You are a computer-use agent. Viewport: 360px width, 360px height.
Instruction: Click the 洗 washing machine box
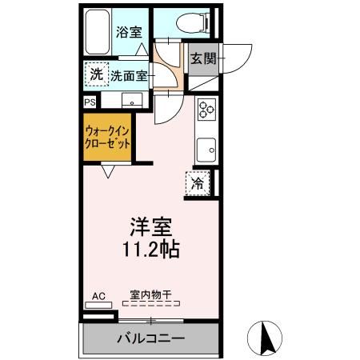point(96,74)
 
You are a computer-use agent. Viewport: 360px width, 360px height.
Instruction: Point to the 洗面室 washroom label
point(128,77)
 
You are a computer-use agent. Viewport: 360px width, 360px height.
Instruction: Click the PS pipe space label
point(89,102)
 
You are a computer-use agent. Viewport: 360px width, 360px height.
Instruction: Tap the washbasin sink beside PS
point(133,101)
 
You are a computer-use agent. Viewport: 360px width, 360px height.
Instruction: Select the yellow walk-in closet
point(107,138)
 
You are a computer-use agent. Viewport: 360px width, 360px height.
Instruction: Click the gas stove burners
point(206,110)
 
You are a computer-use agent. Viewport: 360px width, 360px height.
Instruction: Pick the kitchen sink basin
point(206,150)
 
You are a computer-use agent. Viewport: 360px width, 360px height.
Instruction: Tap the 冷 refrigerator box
point(198,182)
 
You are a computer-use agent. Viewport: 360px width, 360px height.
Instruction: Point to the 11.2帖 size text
point(150,249)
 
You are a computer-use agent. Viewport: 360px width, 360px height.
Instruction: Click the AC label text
point(98,295)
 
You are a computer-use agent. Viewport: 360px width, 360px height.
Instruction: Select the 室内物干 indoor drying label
point(150,294)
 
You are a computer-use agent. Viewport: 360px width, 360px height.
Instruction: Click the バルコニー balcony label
point(151,337)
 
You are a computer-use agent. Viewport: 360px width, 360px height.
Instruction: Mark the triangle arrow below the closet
point(108,170)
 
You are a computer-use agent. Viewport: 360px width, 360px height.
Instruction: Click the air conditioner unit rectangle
point(98,304)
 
